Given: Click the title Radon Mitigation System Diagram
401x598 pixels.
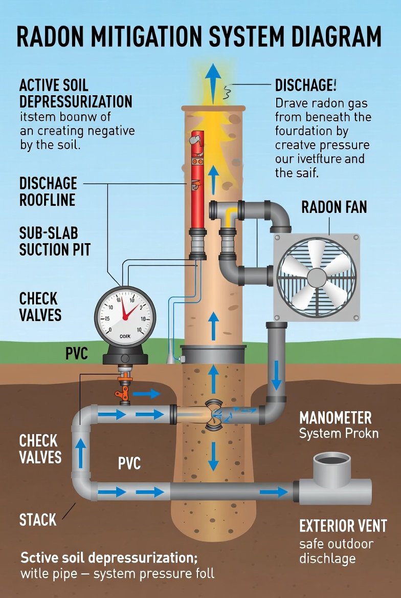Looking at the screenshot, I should pyautogui.click(x=199, y=37).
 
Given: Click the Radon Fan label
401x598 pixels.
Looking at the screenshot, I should pyautogui.click(x=333, y=207).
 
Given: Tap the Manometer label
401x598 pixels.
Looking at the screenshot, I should pyautogui.click(x=335, y=418).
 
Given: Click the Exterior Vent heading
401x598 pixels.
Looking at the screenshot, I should pyautogui.click(x=343, y=526).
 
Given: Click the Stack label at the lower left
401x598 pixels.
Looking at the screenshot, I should pyautogui.click(x=38, y=520).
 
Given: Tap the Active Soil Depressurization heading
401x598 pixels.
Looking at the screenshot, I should pyautogui.click(x=75, y=93).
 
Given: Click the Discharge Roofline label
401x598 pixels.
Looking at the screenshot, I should pyautogui.click(x=48, y=191).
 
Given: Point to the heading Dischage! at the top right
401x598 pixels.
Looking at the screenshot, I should pyautogui.click(x=305, y=85).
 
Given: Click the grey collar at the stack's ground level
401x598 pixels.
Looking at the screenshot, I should pyautogui.click(x=213, y=354).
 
